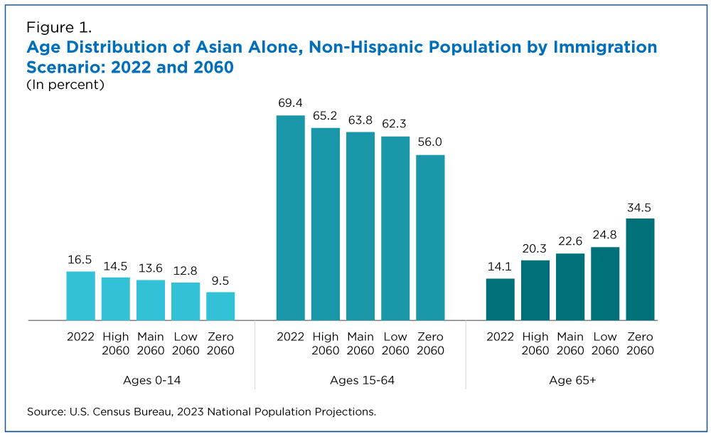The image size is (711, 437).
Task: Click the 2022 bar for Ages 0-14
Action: pyautogui.click(x=80, y=296)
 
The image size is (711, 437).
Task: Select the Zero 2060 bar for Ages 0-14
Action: pyautogui.click(x=220, y=306)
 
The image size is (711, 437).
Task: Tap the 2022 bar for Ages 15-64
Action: pyautogui.click(x=290, y=218)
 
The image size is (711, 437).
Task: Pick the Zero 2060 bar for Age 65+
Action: pyautogui.click(x=640, y=269)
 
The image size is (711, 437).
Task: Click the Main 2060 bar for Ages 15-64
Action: pyautogui.click(x=360, y=226)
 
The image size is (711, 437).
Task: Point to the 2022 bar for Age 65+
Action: pyautogui.click(x=501, y=299)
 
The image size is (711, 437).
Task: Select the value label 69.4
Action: pyautogui.click(x=290, y=104)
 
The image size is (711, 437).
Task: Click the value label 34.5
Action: pyautogui.click(x=640, y=208)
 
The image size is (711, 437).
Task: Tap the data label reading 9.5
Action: pyautogui.click(x=220, y=281)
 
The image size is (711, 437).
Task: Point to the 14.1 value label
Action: pyautogui.click(x=501, y=268)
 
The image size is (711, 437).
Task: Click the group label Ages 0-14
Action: pyautogui.click(x=151, y=381)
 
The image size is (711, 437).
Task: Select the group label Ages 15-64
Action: pyautogui.click(x=362, y=381)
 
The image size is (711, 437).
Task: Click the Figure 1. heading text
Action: pyautogui.click(x=59, y=28)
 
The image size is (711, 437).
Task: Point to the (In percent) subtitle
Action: pyautogui.click(x=65, y=85)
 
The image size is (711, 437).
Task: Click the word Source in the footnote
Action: pyautogui.click(x=45, y=411)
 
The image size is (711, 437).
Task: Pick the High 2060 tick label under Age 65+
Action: pyautogui.click(x=535, y=344)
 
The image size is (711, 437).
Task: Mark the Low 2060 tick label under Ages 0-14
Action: pyautogui.click(x=186, y=344)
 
